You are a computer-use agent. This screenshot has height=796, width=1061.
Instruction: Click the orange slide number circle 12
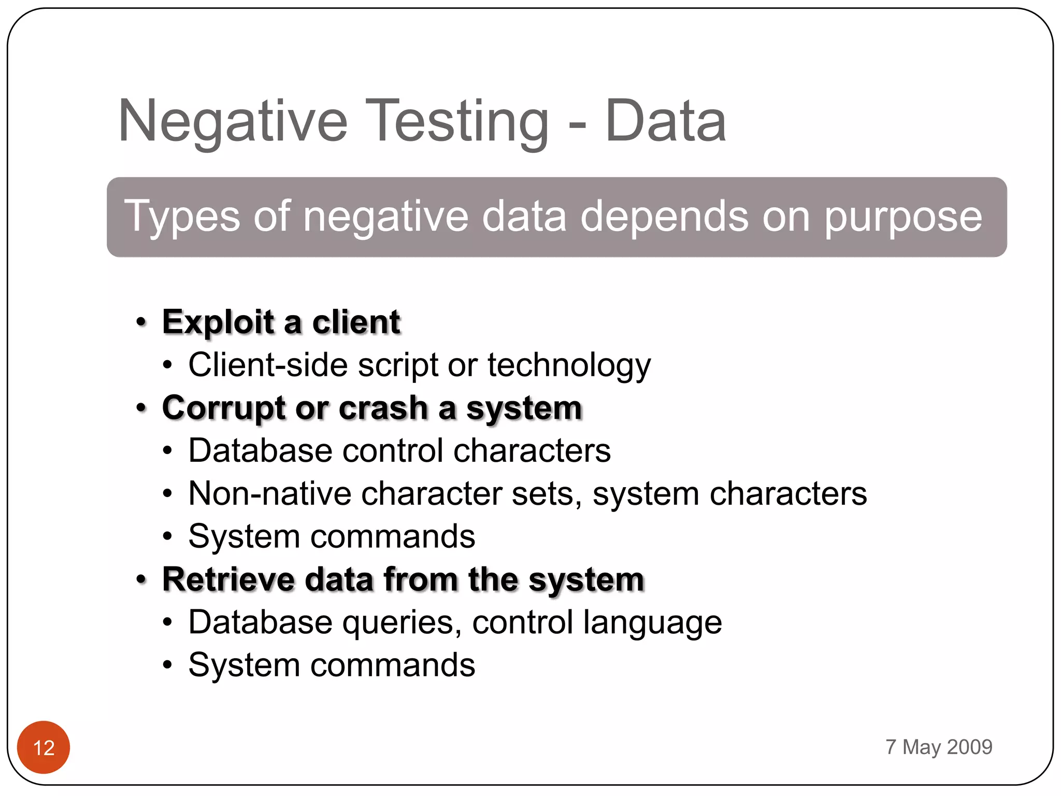44,747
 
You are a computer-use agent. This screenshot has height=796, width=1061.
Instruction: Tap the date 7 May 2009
938,747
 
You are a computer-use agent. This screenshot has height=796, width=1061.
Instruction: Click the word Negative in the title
233,122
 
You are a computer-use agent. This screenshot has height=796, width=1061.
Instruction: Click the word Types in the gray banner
182,217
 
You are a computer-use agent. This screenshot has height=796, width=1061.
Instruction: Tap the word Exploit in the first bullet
218,322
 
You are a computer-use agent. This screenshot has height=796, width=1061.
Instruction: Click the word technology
568,366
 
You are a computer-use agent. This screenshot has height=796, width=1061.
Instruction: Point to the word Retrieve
228,579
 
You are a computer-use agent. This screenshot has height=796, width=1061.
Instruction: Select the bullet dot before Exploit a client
141,322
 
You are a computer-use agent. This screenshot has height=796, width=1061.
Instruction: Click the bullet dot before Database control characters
167,451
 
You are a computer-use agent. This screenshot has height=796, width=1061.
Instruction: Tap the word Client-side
268,365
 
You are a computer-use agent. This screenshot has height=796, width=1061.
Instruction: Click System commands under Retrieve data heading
332,665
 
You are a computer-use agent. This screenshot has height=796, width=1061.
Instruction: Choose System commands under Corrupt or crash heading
332,536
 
